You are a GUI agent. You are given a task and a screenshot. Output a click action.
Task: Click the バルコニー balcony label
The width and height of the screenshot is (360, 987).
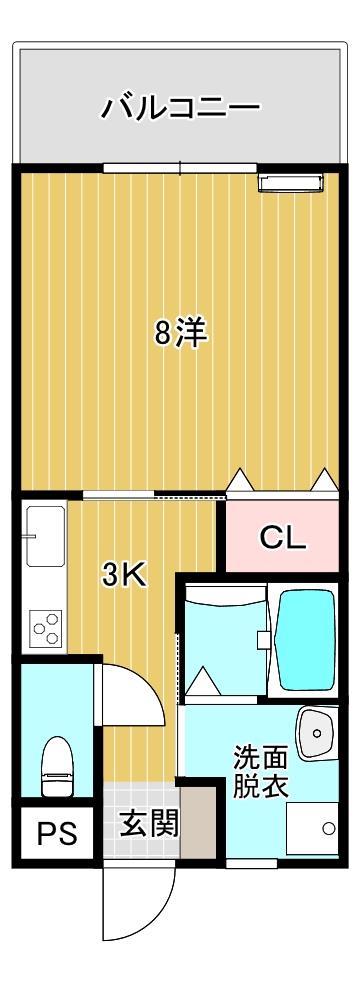tap(181, 107)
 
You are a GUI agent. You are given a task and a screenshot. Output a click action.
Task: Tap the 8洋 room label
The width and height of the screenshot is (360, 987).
tap(181, 332)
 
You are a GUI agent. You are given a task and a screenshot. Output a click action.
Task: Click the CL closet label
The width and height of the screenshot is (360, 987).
tap(283, 539)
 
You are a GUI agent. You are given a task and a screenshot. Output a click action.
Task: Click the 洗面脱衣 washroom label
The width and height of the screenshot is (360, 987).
tap(261, 770)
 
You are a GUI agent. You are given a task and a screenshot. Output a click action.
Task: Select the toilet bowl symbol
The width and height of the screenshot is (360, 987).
tap(55, 765)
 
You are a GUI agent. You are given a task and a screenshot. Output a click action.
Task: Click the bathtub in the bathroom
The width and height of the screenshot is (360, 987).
tap(305, 639)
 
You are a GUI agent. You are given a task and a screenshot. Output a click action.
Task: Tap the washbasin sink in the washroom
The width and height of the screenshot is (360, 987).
tap(318, 735)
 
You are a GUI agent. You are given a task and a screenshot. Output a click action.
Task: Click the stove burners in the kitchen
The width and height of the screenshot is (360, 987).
tap(46, 631)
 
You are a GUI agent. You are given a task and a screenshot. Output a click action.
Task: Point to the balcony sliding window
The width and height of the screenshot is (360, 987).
tap(180, 168)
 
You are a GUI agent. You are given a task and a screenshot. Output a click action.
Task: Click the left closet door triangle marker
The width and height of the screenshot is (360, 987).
tap(240, 481)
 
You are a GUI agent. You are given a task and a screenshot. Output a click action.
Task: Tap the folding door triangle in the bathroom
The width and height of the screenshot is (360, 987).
tap(204, 683)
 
